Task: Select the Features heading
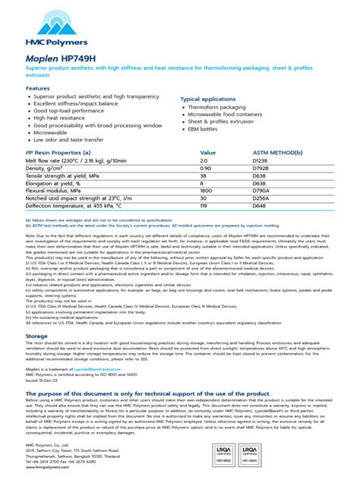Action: [38, 88]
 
